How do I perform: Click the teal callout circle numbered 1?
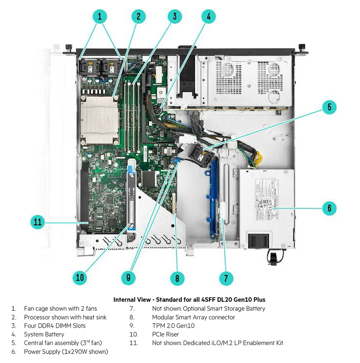(x=100, y=16)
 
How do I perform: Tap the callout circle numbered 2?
(x=138, y=16)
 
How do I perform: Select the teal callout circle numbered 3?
(x=174, y=16)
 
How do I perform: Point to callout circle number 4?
(x=209, y=16)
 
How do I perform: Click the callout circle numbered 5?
(x=329, y=107)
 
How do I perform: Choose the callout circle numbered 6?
(x=329, y=208)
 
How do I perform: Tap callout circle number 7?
(x=226, y=278)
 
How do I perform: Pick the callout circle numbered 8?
(x=177, y=278)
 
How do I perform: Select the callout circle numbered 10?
(x=80, y=277)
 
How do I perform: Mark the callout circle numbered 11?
(x=38, y=222)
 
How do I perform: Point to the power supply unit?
(x=266, y=205)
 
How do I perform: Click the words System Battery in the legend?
(x=44, y=334)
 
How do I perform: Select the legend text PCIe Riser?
(x=165, y=334)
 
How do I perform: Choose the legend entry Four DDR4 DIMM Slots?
(x=55, y=326)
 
